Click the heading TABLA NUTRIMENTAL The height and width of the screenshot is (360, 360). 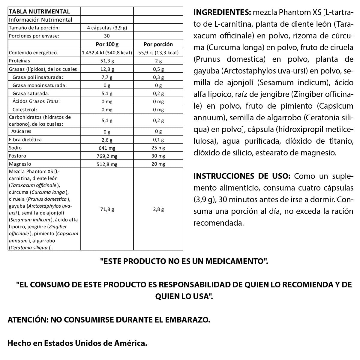(39, 12)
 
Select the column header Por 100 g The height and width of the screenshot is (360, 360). (107, 44)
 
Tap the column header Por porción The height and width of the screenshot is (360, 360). (158, 44)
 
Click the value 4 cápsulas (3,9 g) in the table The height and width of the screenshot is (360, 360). (107, 28)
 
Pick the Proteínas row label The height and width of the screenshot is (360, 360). (20, 61)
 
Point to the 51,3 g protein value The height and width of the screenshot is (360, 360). (107, 61)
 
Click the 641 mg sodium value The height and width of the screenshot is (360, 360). (107, 148)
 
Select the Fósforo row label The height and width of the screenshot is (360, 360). (18, 156)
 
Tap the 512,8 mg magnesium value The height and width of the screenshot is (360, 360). (107, 164)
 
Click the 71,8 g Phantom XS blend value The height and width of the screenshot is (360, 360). (107, 209)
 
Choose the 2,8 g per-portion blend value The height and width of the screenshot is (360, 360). (158, 209)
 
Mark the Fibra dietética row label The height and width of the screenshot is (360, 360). (25, 140)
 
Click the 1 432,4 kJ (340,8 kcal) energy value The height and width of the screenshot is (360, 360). (107, 52)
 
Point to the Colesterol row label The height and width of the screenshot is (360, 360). (25, 110)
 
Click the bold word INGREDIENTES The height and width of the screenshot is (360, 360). (222, 13)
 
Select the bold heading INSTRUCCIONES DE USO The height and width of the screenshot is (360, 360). (242, 176)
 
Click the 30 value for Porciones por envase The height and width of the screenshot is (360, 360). (107, 36)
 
